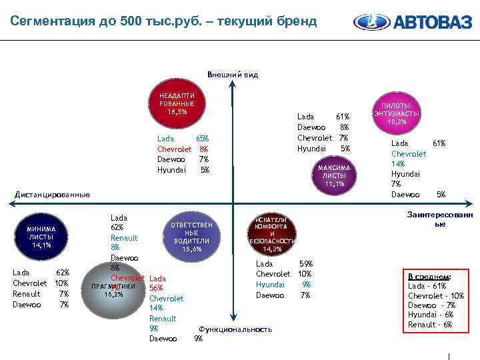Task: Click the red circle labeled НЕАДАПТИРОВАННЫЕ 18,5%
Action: (x=177, y=104)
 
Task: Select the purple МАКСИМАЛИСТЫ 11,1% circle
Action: (x=333, y=175)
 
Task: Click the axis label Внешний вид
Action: (x=233, y=75)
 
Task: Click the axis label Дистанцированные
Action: (x=52, y=195)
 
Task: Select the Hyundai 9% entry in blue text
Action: (x=283, y=284)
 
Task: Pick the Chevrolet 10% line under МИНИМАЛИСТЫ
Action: (x=41, y=283)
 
